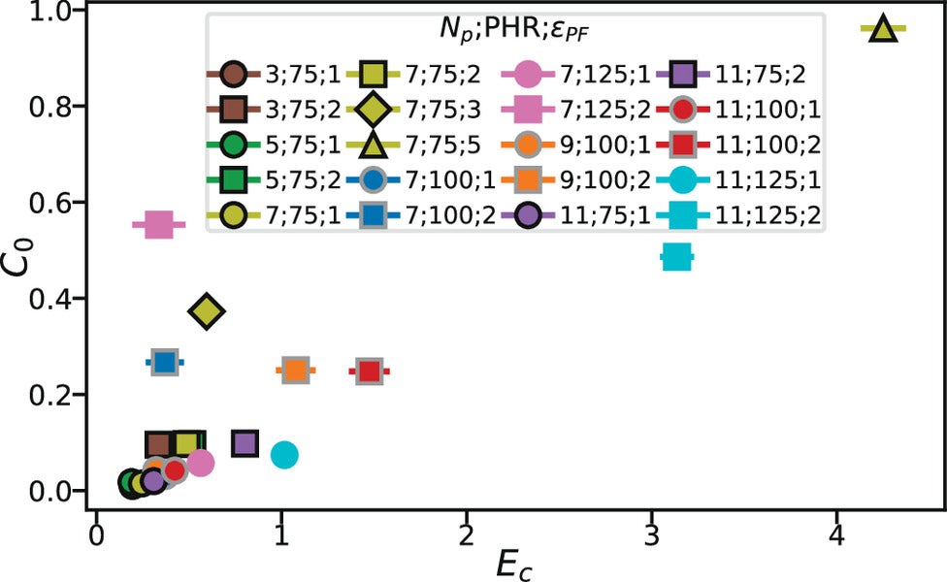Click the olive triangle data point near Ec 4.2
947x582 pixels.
pos(882,29)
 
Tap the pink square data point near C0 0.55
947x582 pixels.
pos(158,226)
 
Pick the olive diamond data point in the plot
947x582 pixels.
pos(206,311)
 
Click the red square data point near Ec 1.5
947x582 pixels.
pos(368,371)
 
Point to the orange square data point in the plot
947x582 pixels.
pos(295,371)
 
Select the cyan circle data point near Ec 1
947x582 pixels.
pos(283,454)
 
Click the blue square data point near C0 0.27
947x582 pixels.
pos(165,362)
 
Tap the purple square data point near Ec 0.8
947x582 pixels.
pos(245,444)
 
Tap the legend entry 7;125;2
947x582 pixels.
pos(582,108)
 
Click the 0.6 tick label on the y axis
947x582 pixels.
pos(56,203)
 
